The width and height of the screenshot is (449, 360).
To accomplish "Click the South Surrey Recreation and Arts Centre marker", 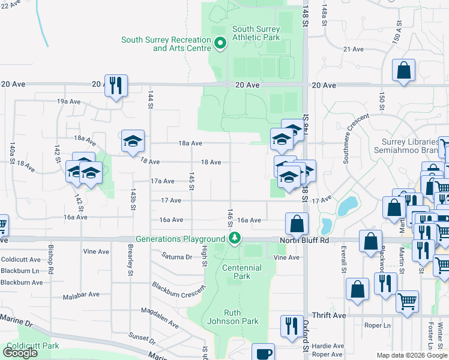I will point(220,42).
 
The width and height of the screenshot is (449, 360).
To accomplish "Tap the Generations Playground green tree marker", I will point(235,238).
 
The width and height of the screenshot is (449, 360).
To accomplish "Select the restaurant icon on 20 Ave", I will point(115,85).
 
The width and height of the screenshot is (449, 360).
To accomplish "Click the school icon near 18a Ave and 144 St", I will point(133,142).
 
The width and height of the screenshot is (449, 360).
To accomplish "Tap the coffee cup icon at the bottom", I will point(263,353).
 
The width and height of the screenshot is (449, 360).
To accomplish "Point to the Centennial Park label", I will point(242,272).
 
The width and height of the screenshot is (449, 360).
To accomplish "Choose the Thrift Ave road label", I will point(329,315).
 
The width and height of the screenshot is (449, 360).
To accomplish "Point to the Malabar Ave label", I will point(83,295).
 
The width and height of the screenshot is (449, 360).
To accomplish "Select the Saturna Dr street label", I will point(176,256).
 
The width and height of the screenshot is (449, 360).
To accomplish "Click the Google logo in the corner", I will point(20,353).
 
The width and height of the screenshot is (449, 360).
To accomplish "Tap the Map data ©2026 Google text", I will point(412,355).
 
